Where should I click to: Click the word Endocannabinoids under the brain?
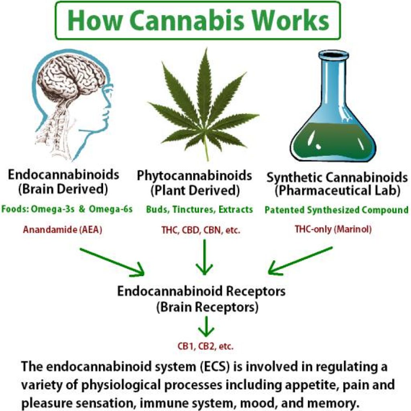tap(63, 175)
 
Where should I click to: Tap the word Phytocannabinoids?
tap(195, 176)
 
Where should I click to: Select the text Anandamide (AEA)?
tap(62, 230)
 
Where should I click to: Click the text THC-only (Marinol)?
tap(333, 229)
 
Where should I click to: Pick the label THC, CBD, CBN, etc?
tap(201, 230)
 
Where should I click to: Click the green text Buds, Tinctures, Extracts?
tap(199, 210)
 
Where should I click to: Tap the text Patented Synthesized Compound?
tap(337, 210)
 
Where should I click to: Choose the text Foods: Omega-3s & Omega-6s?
tap(67, 209)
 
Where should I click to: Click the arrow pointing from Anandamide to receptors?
tap(112, 262)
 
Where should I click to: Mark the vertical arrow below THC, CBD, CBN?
tap(204, 257)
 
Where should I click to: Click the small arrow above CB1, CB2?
tap(206, 327)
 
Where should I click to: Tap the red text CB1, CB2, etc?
tap(205, 346)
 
